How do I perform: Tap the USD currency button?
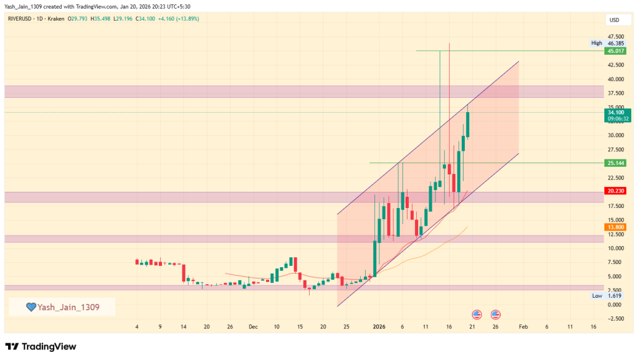pos(614,20)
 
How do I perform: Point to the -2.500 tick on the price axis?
pos(614,318)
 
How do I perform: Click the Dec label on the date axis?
pos(252,326)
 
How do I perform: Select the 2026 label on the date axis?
pos(379,326)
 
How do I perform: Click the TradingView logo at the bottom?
pos(40,346)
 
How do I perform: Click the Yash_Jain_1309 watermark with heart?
pos(62,306)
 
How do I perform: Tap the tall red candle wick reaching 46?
pos(449,93)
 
